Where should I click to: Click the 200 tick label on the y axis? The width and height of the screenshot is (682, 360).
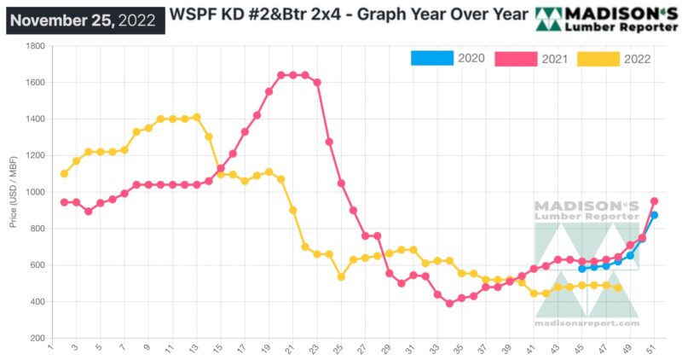38,339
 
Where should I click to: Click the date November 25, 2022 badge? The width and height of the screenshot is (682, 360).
84,18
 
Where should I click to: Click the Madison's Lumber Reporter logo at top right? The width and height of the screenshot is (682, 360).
606,18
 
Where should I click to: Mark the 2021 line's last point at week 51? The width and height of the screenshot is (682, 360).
654,201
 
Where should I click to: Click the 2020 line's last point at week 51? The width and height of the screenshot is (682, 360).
654,216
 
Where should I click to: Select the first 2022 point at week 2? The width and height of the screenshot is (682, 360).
64,174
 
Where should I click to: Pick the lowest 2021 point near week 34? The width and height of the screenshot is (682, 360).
449,304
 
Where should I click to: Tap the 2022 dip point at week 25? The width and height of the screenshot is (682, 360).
341,277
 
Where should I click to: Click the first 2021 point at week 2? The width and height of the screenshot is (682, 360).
64,202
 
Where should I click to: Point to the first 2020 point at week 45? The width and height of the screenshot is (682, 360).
581,269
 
